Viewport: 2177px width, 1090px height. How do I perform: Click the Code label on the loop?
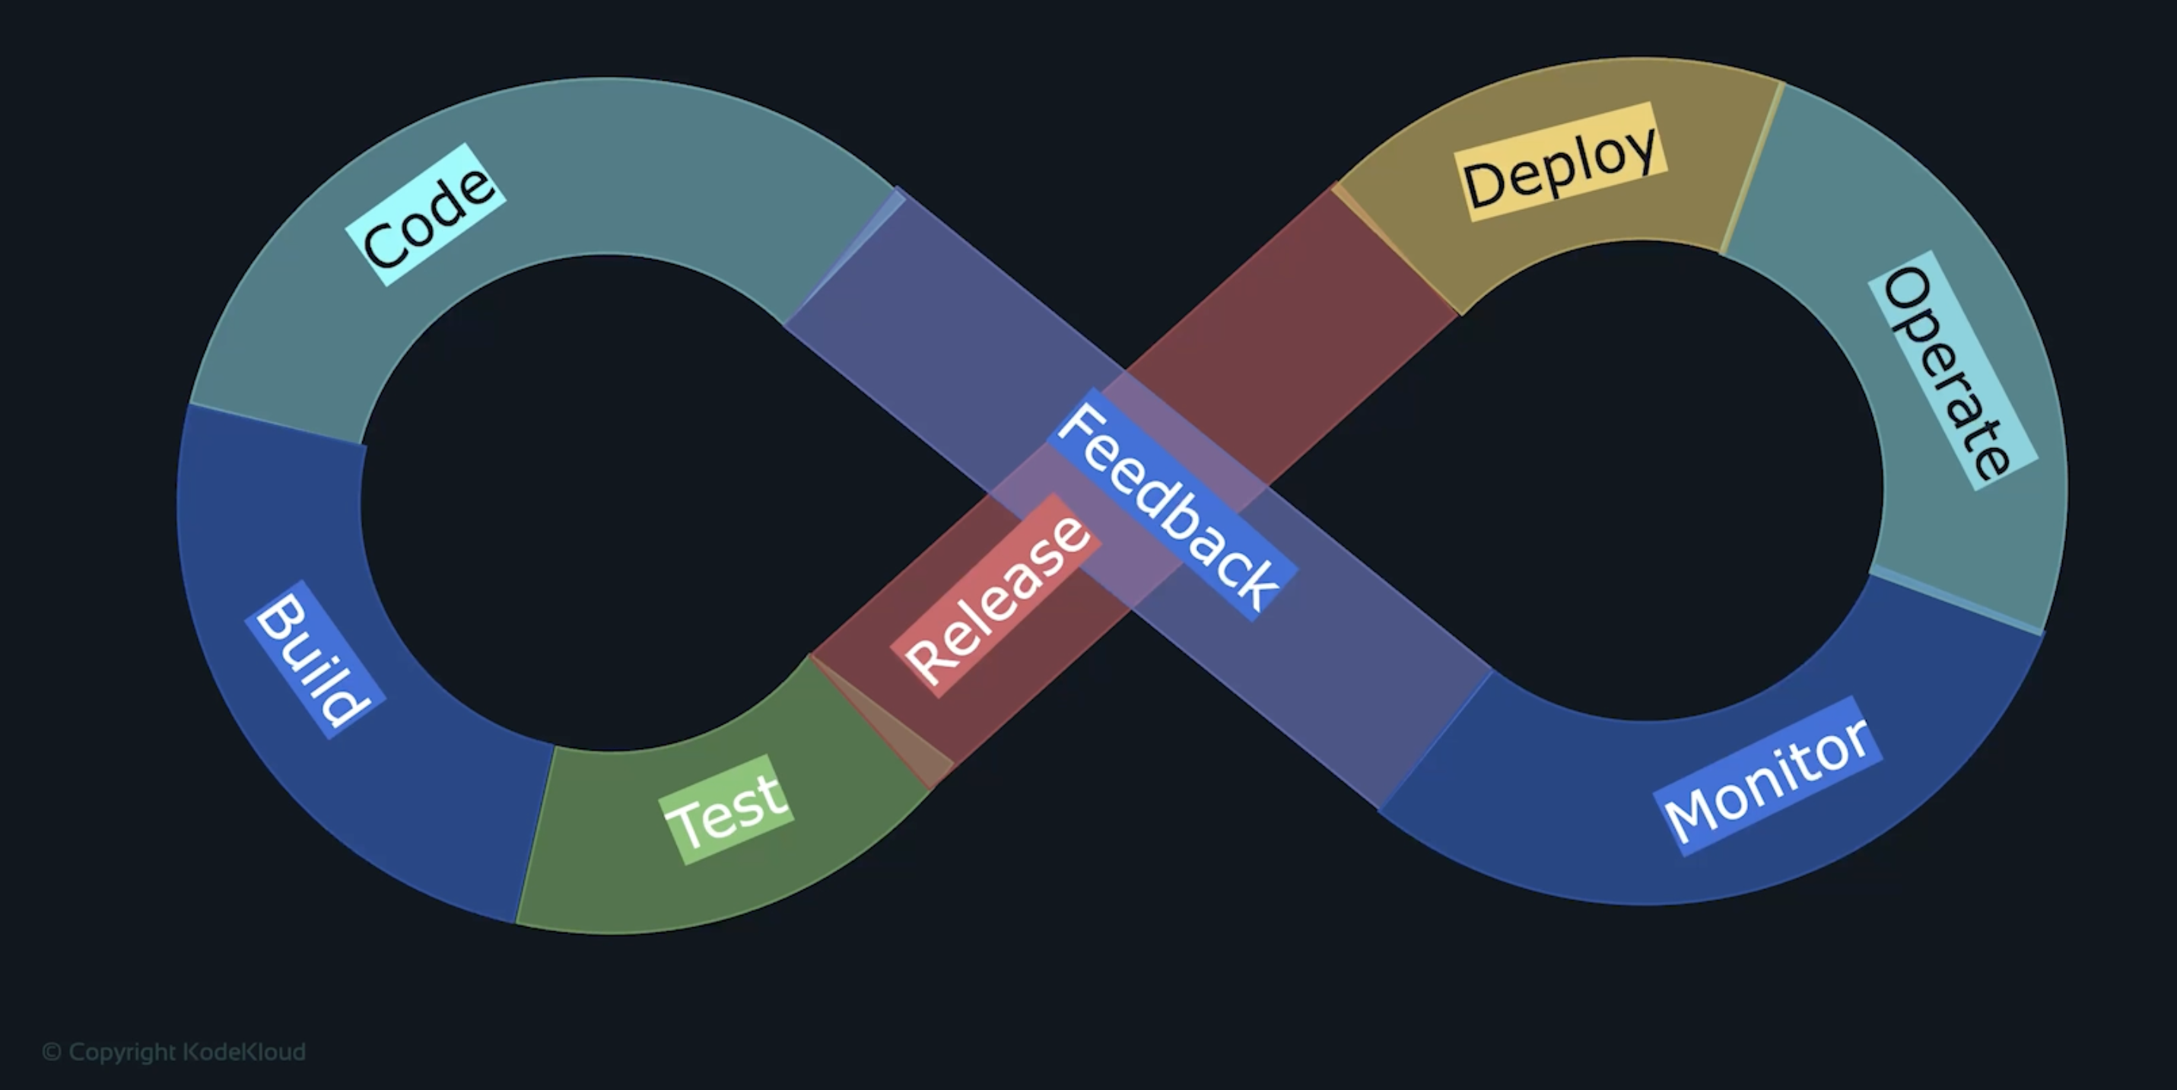pos(427,215)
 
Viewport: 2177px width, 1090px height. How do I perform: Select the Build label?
pos(314,659)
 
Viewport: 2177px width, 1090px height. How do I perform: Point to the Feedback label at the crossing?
pos(1171,504)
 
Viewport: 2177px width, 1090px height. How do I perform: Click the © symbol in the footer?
pos(52,1052)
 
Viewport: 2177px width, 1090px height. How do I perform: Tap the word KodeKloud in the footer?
pos(244,1052)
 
